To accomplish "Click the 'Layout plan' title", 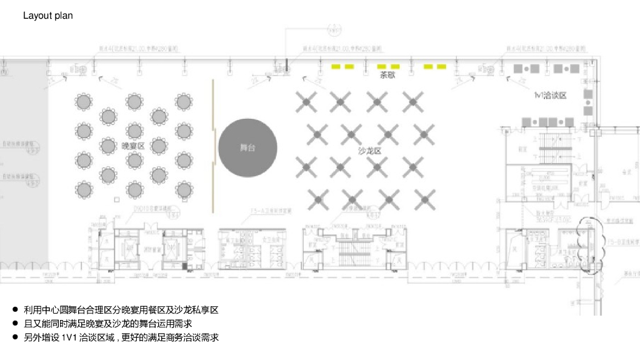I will [47, 16].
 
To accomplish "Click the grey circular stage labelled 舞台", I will [248, 148].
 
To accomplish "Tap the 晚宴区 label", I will [133, 146].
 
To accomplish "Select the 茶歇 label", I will [388, 76].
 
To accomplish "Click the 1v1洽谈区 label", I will [550, 96].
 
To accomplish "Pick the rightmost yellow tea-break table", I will [441, 66].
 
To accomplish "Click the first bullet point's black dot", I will [15, 310].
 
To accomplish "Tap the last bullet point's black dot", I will [15, 337].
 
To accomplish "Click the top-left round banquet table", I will [84, 100].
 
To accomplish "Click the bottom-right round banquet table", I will [183, 189].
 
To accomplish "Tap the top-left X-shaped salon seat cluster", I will [305, 99].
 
